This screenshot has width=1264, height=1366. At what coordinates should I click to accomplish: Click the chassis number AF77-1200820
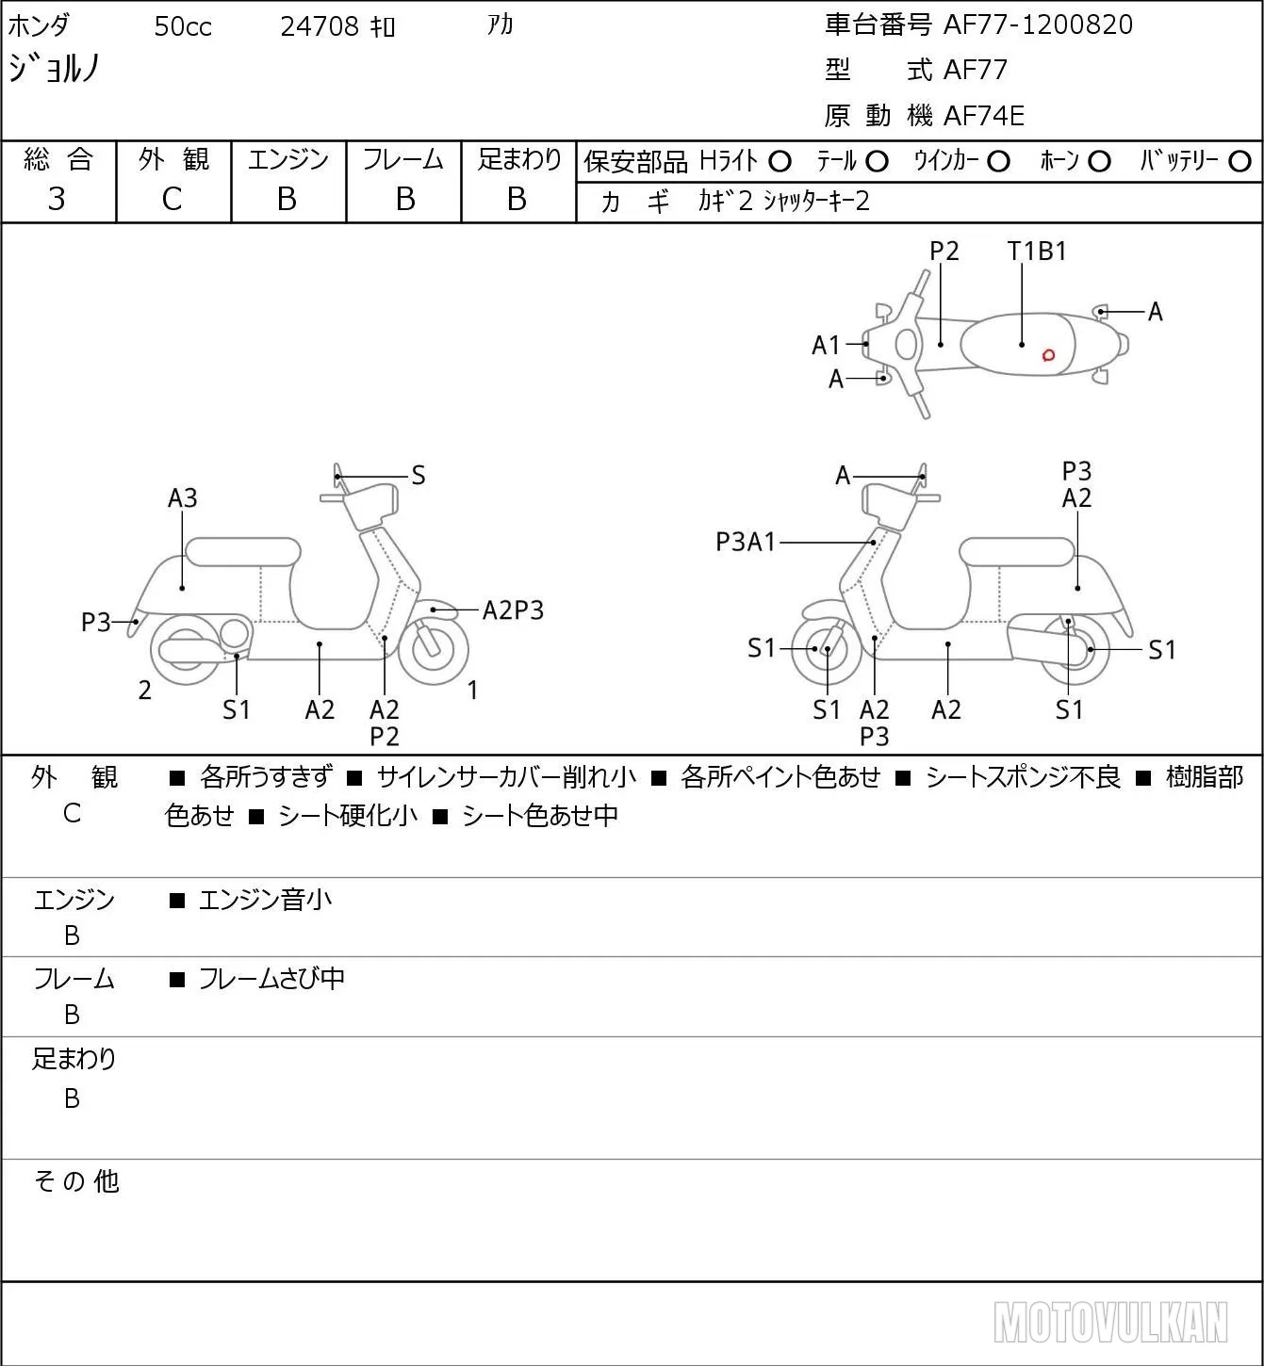pos(1038,24)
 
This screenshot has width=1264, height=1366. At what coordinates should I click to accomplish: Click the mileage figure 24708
pos(320,26)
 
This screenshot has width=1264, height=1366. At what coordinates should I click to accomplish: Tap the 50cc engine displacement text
pos(183,26)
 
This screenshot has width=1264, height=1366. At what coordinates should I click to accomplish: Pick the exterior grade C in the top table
pos(172,200)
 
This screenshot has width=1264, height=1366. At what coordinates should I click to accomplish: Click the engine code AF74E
pos(984,116)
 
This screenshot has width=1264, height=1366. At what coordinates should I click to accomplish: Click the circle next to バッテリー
pos(1239,162)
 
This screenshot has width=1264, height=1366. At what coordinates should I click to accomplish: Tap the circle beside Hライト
pos(780,162)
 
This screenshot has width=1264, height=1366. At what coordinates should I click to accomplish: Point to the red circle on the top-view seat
pos(1048,355)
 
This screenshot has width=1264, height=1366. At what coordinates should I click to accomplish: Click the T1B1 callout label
pos(1037,252)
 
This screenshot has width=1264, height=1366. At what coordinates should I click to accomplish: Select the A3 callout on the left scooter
pos(183,498)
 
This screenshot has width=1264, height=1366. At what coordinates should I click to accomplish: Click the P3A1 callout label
pos(746,542)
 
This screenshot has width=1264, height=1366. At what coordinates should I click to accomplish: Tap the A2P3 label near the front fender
pos(513,610)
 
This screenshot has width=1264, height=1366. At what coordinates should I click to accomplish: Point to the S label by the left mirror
pos(418,476)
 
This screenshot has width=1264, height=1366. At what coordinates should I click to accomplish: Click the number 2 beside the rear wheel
pos(144,690)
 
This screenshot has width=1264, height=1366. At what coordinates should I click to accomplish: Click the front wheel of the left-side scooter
pos(433,651)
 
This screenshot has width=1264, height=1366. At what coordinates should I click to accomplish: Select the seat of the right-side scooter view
pos(1017,552)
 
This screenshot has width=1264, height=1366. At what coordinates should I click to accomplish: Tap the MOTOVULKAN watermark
pos(1110,1322)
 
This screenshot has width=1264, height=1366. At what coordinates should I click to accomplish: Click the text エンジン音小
pos(266,900)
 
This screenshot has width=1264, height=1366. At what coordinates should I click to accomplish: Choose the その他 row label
pos(76,1181)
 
